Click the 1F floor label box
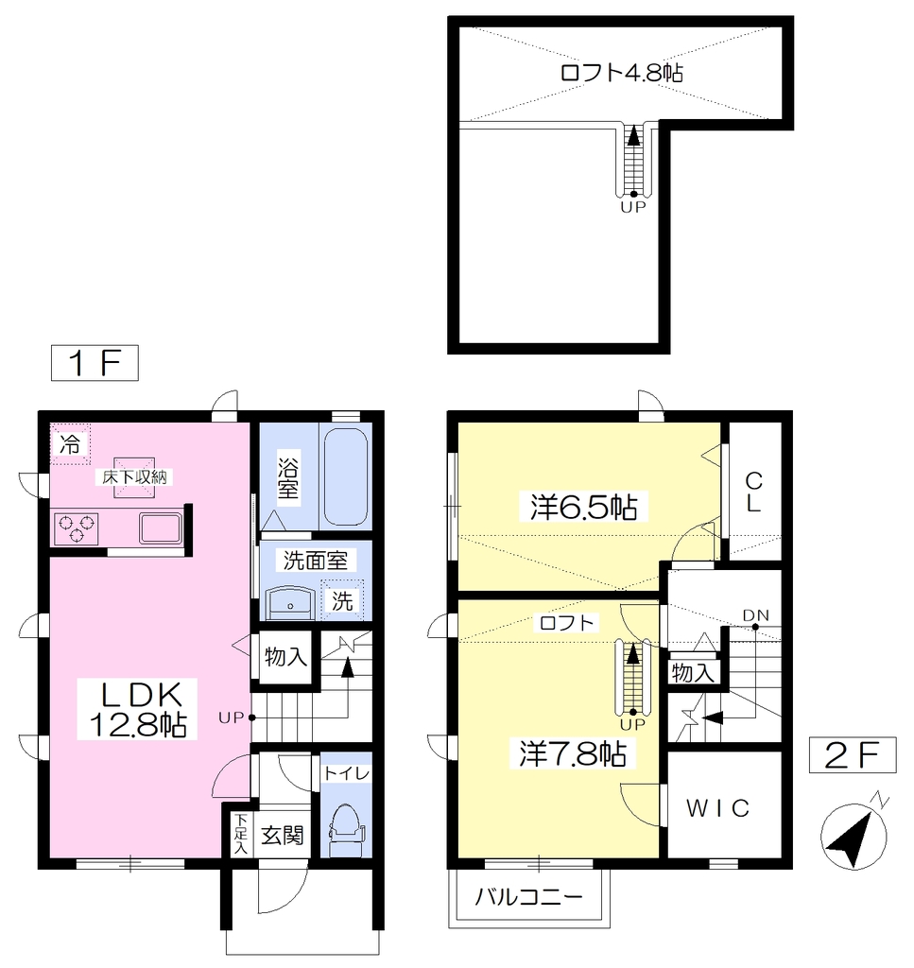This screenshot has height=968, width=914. (95, 362)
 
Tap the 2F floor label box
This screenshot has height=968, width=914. (853, 754)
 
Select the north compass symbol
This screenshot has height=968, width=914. (854, 834)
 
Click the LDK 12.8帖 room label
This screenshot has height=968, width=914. (137, 709)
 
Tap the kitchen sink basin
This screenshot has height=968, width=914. (161, 528)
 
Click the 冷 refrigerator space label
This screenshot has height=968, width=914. (70, 443)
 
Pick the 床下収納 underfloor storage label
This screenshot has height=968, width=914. (133, 476)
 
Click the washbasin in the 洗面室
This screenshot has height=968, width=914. (290, 602)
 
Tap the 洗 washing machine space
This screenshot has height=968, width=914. (342, 599)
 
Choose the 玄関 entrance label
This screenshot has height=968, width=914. (282, 836)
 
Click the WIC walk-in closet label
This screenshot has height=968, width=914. (717, 808)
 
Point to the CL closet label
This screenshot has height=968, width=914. (753, 492)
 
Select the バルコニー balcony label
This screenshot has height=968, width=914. (529, 896)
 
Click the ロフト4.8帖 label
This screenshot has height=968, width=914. (622, 73)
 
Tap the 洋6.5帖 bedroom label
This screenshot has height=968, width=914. (584, 507)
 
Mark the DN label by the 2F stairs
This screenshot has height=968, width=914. (755, 615)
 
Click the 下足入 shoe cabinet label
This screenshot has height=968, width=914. (241, 834)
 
